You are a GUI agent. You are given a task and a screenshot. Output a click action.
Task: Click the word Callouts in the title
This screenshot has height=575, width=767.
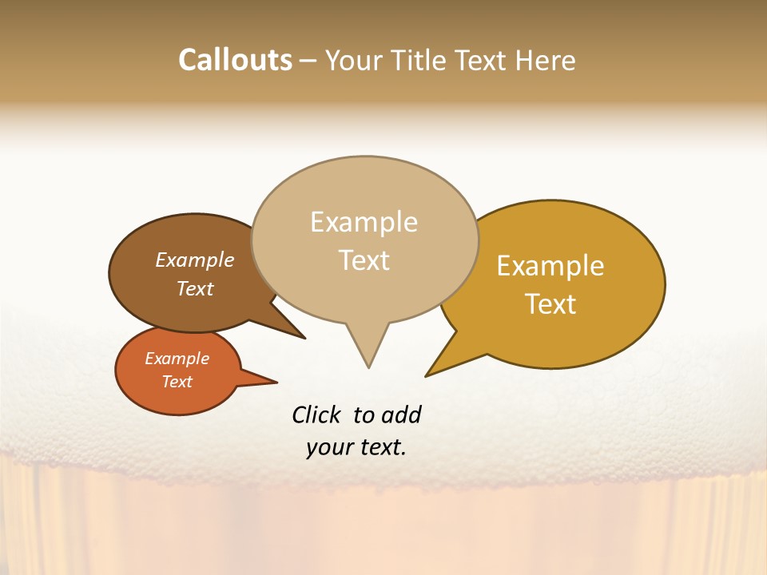[x=235, y=60]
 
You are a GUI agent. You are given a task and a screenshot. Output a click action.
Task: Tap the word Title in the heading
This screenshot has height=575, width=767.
[x=419, y=60]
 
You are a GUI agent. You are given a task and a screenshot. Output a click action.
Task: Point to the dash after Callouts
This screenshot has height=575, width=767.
[x=308, y=61]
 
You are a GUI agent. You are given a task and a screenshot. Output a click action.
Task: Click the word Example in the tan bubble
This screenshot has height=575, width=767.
[x=364, y=222]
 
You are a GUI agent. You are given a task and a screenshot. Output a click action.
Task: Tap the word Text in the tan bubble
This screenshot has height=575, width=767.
[x=364, y=260]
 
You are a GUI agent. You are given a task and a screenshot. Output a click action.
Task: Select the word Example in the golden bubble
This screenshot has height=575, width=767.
[x=550, y=266]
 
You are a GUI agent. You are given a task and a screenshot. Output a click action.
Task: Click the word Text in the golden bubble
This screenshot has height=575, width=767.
[x=550, y=304]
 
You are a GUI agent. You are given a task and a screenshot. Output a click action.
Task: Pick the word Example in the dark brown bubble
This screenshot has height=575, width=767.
[x=195, y=260]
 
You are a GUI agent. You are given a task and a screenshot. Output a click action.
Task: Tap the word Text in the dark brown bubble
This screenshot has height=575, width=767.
[x=195, y=288]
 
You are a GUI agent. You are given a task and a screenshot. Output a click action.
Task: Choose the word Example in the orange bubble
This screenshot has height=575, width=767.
[x=177, y=359]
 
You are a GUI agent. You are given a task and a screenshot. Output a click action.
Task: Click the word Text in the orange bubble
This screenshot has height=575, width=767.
[x=177, y=382]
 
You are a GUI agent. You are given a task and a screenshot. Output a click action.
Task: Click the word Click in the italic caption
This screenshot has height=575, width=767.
[x=316, y=415]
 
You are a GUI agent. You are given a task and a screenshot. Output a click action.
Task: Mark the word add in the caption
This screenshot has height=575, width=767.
[x=402, y=415]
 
